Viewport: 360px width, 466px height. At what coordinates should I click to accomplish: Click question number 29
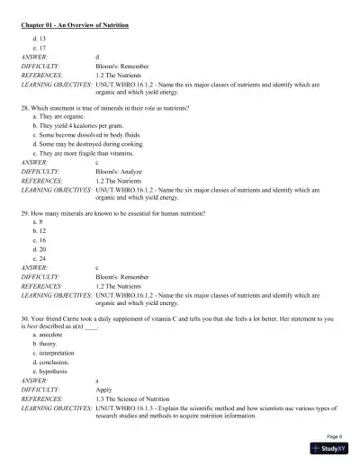(26, 213)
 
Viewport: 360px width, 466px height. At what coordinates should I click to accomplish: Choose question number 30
(26, 318)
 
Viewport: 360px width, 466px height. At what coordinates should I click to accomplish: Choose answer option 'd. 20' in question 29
(39, 248)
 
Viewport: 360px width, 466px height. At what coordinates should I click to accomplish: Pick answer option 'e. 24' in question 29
(39, 257)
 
